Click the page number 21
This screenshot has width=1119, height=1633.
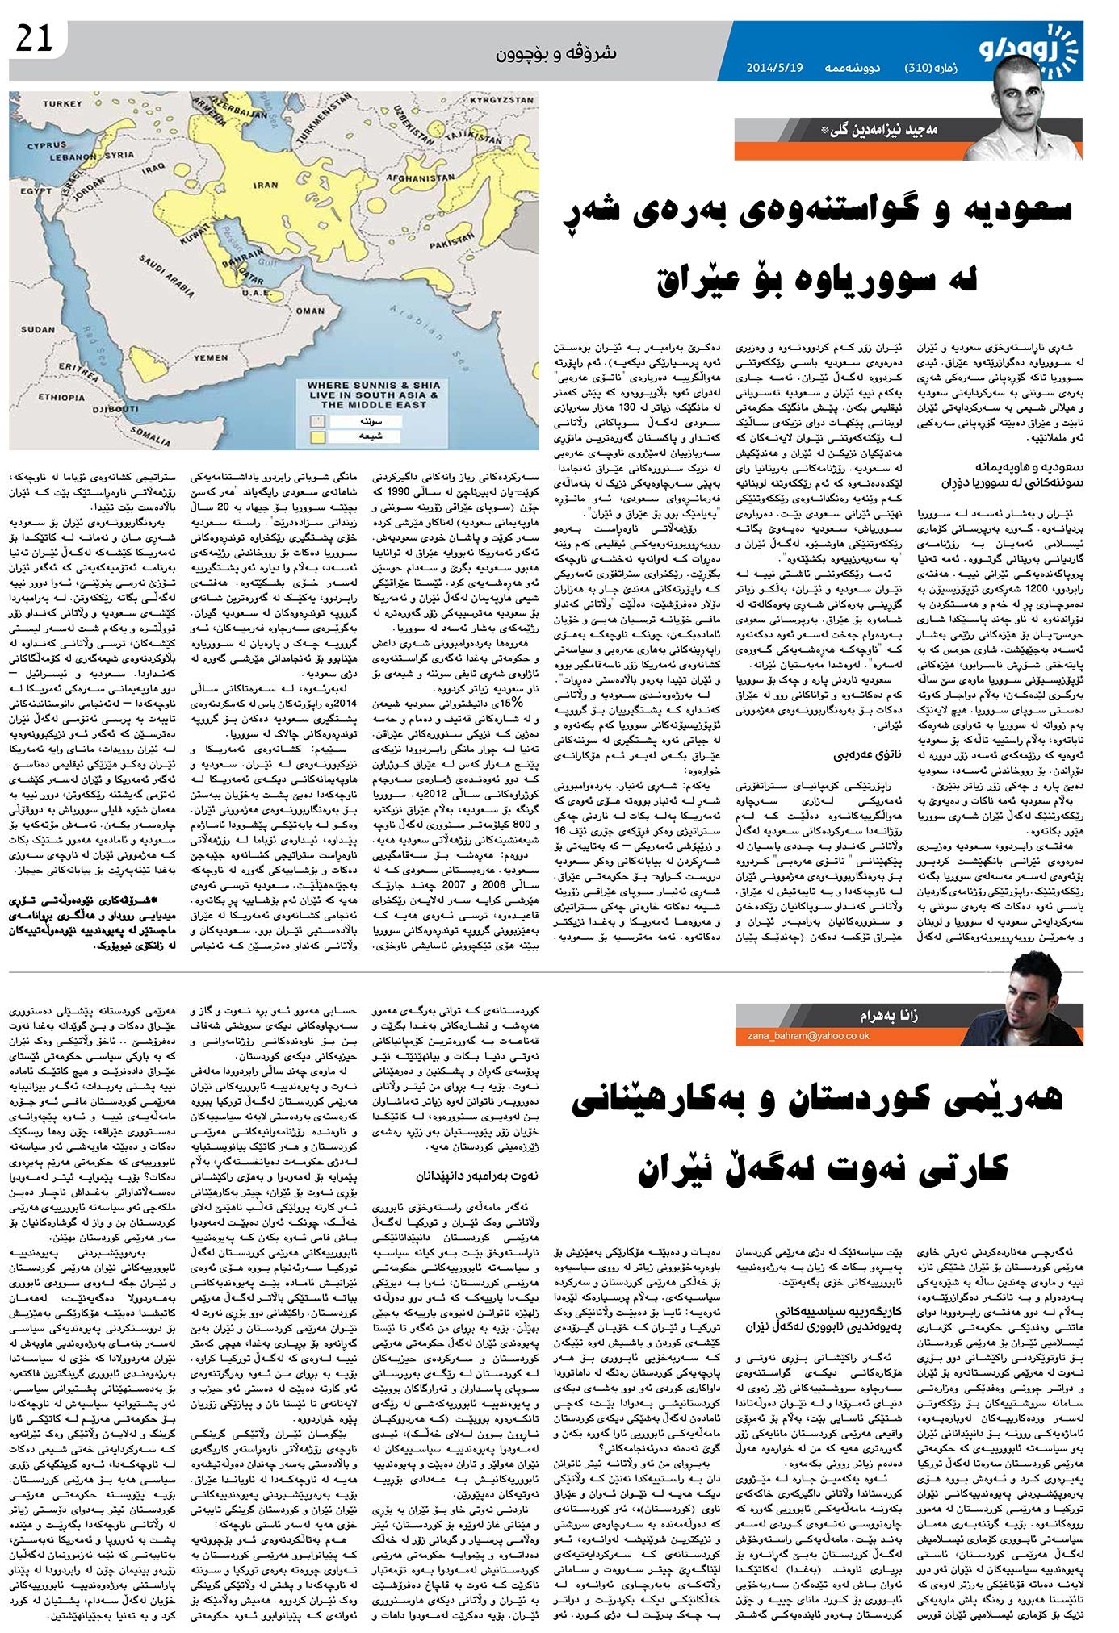(x=33, y=40)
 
